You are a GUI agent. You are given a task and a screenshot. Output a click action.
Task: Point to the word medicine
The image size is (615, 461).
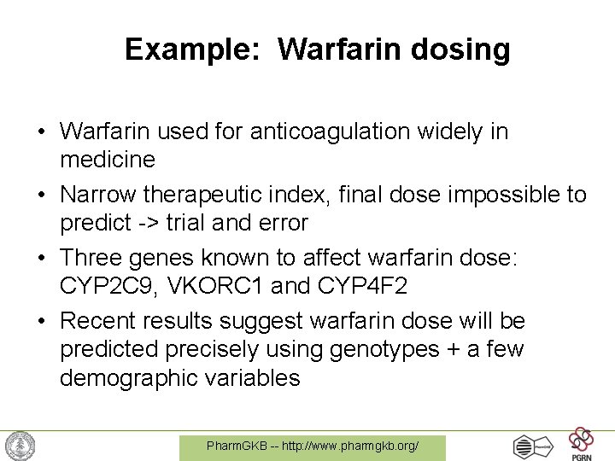(108, 160)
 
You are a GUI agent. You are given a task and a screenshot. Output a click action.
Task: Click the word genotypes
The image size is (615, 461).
(397, 349)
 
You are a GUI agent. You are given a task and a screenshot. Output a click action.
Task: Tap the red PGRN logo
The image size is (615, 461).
(582, 441)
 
